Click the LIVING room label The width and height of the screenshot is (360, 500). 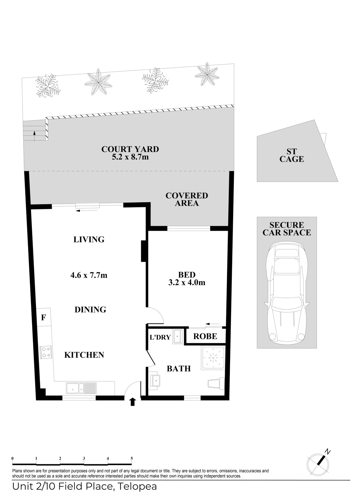point(89,239)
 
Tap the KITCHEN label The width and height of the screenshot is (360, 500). point(84,355)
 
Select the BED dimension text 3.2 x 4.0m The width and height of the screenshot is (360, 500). point(187,282)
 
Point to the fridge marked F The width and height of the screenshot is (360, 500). point(44,317)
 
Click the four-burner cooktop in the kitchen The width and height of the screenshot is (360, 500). point(46,352)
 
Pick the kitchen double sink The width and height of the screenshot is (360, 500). point(81,388)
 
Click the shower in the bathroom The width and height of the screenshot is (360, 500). point(213,358)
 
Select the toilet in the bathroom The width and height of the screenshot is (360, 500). point(216,383)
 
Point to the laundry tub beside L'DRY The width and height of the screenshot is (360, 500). point(178,336)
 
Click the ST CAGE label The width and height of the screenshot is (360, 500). point(291,155)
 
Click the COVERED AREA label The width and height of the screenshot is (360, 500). point(187,199)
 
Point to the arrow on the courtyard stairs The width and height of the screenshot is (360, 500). point(34,136)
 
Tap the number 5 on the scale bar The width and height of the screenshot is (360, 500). point(132,458)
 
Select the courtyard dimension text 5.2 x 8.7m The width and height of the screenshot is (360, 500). point(130,157)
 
